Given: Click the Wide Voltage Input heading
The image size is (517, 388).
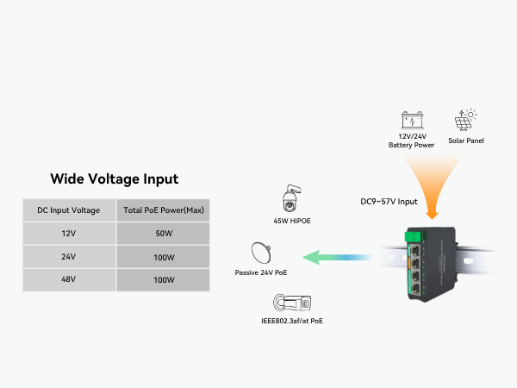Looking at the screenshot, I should click(115, 179).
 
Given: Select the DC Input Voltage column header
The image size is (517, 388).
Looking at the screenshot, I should click(69, 210).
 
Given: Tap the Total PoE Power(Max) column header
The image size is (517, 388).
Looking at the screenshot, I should click(162, 210).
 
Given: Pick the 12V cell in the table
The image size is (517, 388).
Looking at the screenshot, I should click(69, 234).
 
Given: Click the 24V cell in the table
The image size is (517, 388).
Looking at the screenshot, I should click(69, 257).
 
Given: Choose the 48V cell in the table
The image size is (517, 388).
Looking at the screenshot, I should click(69, 280).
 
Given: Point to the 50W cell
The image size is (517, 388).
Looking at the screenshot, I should click(162, 234).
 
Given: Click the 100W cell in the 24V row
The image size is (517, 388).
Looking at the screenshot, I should click(162, 257).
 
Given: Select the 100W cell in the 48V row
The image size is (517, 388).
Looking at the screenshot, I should click(162, 280).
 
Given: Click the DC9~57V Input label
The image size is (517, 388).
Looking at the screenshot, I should click(389, 203).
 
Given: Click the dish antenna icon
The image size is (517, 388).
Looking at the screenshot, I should click(260, 253).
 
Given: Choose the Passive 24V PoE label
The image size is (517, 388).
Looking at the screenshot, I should click(261, 272).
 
